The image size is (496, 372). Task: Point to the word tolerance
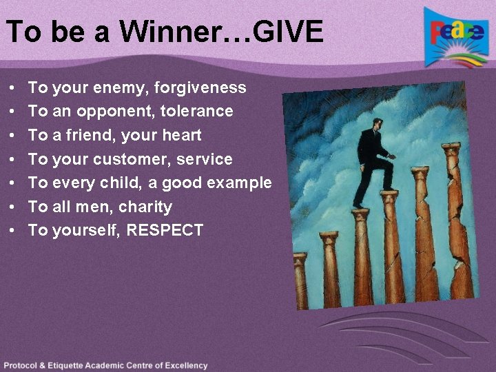pos(200,111)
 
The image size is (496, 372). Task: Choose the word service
pos(205,159)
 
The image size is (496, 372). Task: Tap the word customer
pos(132,159)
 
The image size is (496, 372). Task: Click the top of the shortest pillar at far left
pos(300,257)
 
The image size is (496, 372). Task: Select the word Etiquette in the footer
pos(74,366)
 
